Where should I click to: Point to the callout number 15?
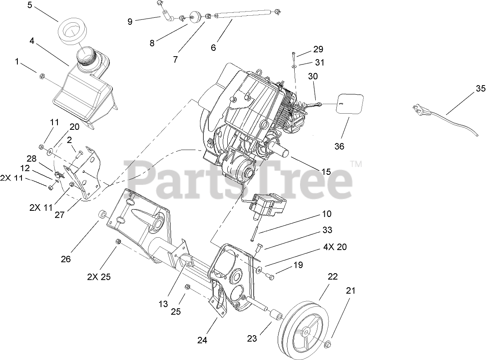tap(326, 171)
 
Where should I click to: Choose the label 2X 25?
tap(99, 277)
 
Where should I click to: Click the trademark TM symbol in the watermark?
tap(356, 164)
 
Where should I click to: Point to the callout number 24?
tap(202, 341)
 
